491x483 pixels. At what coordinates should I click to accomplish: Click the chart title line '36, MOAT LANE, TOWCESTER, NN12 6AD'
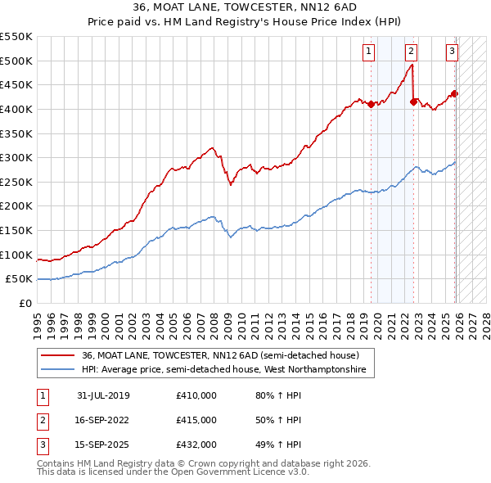pos(245,7)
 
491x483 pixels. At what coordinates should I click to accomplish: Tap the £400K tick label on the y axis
pos(16,109)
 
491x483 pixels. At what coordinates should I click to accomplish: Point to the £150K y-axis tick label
pos(16,231)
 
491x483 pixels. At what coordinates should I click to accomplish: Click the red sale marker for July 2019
pos(371,104)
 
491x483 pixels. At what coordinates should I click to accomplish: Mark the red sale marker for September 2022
pos(413,102)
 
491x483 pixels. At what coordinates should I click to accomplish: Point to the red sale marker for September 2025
pos(455,93)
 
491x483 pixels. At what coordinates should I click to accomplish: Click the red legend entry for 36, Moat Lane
pos(219,356)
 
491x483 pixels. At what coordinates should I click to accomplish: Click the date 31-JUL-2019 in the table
pos(103,396)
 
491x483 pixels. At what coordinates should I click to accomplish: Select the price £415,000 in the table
pos(196,420)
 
